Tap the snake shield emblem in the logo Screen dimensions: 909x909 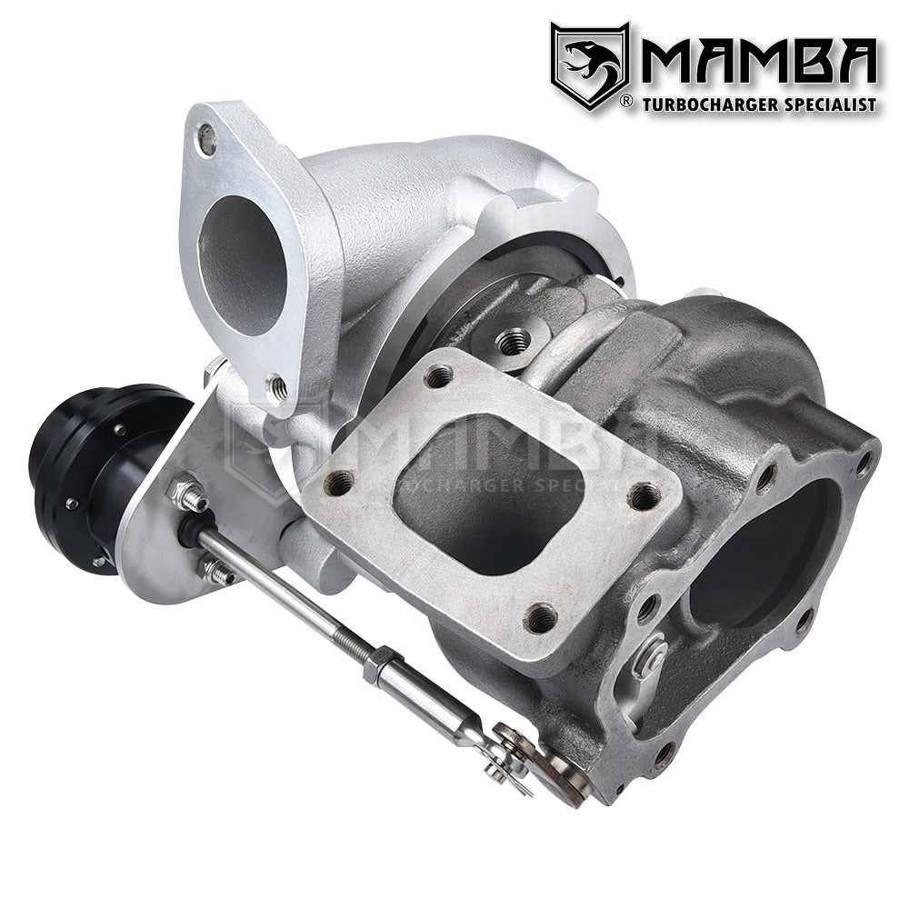click(x=588, y=65)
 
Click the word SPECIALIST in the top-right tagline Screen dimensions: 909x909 click(x=827, y=105)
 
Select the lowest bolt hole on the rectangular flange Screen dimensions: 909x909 click(x=543, y=618)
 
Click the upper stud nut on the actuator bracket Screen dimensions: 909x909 click(x=185, y=496)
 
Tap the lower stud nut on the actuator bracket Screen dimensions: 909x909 click(x=215, y=573)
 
